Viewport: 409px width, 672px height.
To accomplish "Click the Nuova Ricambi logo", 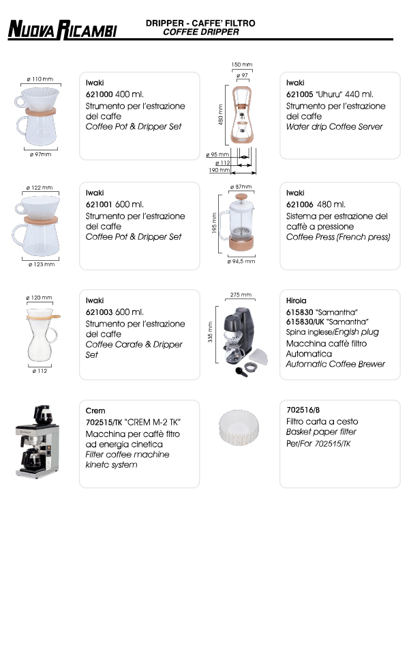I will coord(62,29).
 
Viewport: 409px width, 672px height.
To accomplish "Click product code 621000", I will coord(99,94).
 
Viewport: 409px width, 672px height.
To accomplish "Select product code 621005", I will coord(299,94).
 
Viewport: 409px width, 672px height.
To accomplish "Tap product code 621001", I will coord(99,204).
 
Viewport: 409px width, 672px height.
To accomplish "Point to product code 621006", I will coord(299,204).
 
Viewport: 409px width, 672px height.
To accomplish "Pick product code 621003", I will coord(99,312).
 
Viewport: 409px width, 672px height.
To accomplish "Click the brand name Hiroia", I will coord(297,300).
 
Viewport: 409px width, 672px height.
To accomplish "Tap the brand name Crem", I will coord(95,411).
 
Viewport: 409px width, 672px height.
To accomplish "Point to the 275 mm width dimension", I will coord(241,295).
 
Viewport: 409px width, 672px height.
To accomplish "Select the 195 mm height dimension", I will coord(214,222).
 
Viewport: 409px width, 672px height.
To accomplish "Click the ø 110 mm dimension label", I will coord(40,79).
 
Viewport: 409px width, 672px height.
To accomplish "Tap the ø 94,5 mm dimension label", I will coord(241,261).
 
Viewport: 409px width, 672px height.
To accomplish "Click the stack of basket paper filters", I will coord(240,426).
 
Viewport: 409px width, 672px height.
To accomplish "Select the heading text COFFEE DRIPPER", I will coord(201,32).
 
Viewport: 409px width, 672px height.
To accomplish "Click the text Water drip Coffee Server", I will coord(334,127).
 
